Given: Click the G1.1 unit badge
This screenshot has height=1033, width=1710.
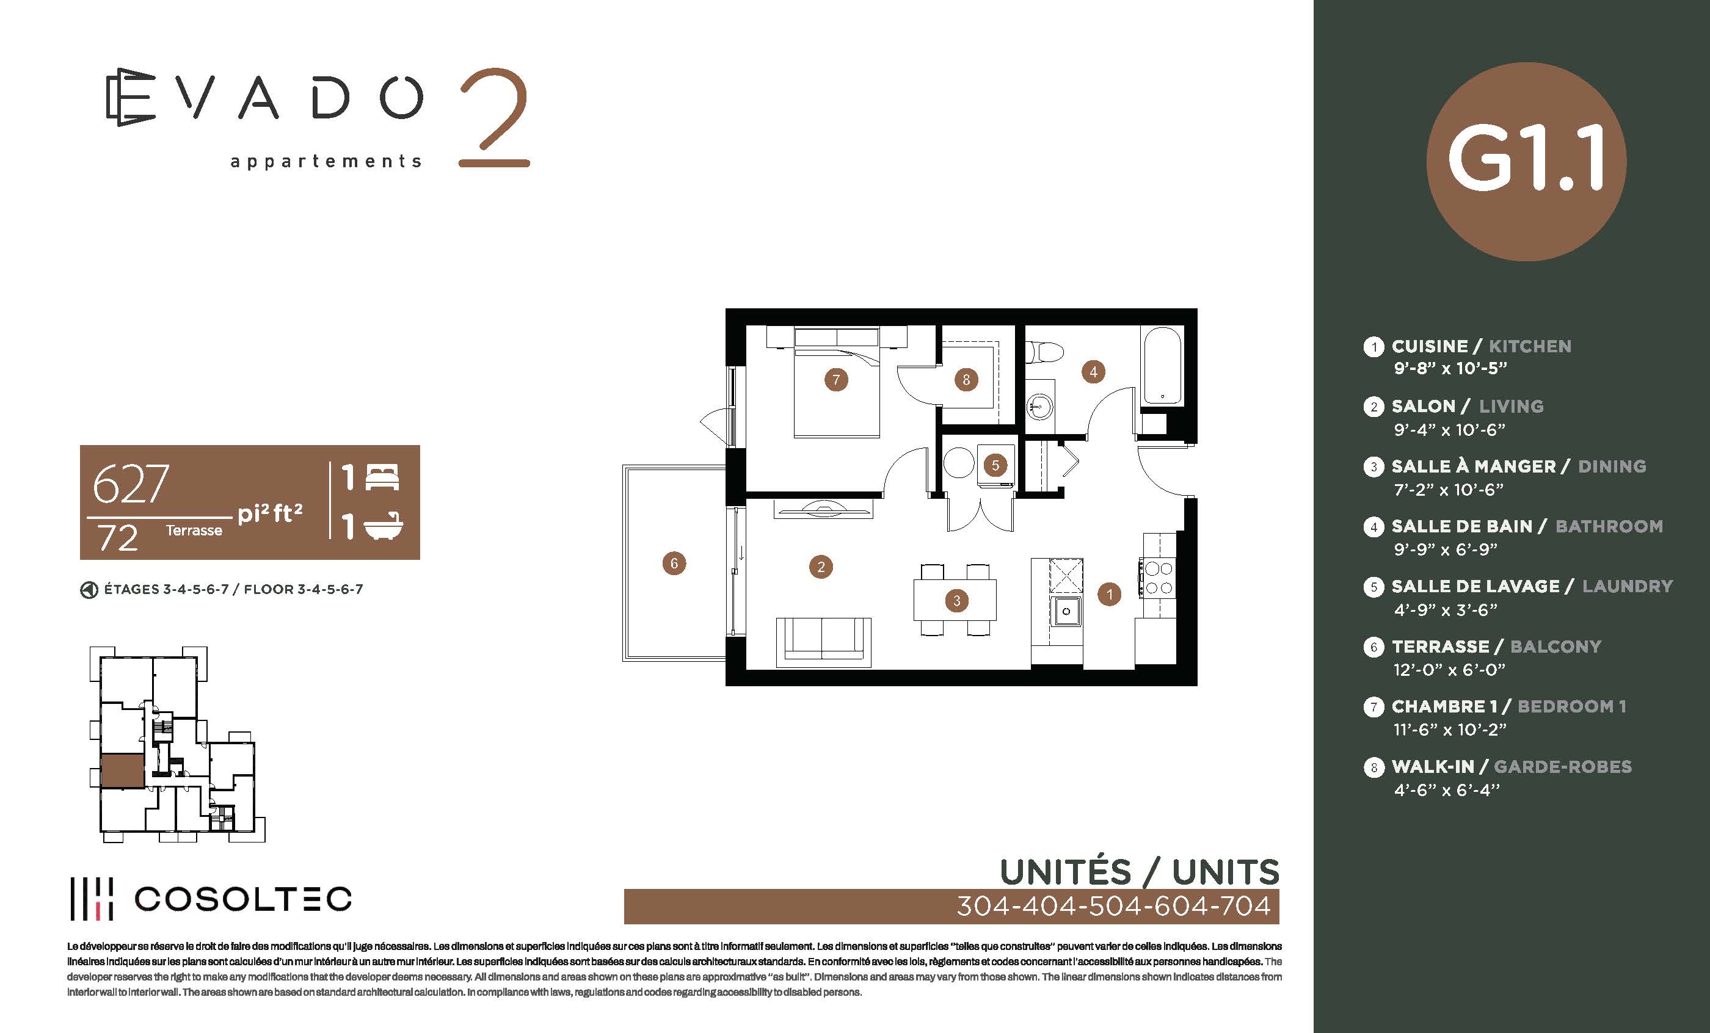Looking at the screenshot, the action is point(1526,162).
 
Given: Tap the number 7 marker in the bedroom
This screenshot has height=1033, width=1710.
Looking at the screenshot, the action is point(835,380).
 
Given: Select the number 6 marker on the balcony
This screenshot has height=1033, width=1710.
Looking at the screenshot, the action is point(674,563).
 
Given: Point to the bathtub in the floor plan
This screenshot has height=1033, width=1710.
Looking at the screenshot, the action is point(1162,366).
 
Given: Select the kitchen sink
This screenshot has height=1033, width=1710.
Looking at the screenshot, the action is point(1066,611).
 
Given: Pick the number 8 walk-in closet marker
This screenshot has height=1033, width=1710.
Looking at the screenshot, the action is point(966,380).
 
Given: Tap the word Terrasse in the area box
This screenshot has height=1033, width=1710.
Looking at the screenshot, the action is point(194,530).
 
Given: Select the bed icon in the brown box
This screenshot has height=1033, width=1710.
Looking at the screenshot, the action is point(382,477).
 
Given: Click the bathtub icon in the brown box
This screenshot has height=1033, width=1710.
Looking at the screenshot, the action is point(383,526).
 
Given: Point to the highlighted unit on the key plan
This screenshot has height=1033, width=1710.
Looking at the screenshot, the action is point(123,770).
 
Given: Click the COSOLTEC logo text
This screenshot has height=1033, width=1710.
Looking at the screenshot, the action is point(243,899).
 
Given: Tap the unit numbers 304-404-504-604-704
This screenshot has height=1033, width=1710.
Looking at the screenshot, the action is point(1113,906).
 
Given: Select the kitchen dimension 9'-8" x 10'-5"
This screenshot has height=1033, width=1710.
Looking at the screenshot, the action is point(1450,368).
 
